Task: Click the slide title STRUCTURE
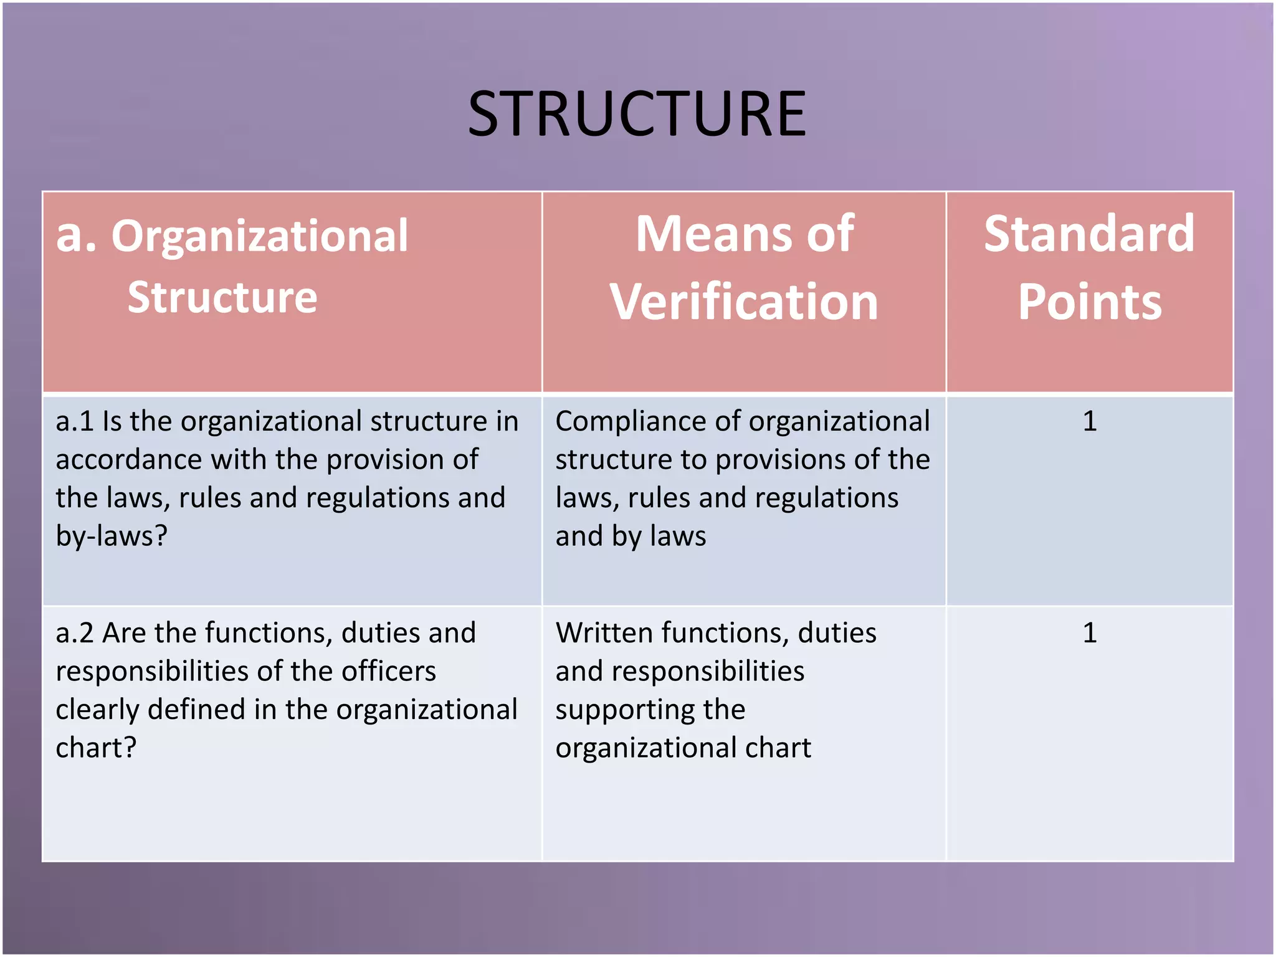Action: click(637, 113)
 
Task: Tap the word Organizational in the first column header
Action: click(260, 237)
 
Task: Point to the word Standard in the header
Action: click(1090, 234)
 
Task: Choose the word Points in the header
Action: click(1090, 302)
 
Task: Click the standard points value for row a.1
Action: click(1090, 422)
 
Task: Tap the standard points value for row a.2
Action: click(1090, 633)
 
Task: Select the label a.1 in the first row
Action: click(75, 422)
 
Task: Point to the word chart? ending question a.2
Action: click(96, 748)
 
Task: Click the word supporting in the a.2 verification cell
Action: click(650, 710)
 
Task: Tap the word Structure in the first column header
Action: click(222, 297)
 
